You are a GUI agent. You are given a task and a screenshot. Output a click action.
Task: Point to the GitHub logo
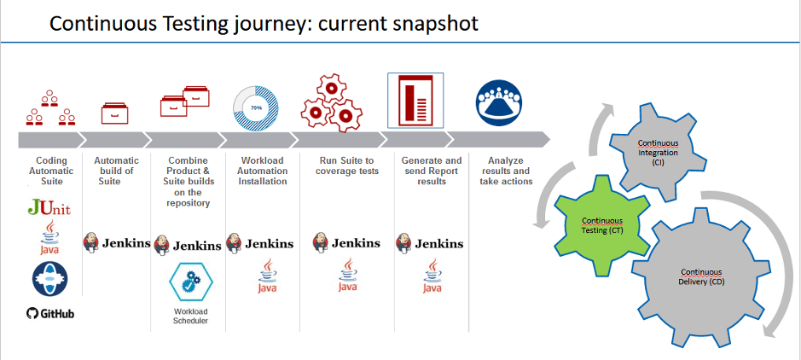(x=49, y=314)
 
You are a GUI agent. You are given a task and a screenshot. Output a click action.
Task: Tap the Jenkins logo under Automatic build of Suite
(x=117, y=242)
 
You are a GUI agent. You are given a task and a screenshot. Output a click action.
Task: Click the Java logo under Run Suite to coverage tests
(x=347, y=275)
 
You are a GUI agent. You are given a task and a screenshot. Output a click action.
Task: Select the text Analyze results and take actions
(x=506, y=171)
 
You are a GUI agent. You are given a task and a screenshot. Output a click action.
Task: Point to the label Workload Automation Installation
(x=263, y=171)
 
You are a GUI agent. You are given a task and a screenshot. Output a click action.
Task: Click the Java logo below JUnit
(x=50, y=235)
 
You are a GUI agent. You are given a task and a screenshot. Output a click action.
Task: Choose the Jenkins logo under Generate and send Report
(x=430, y=243)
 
